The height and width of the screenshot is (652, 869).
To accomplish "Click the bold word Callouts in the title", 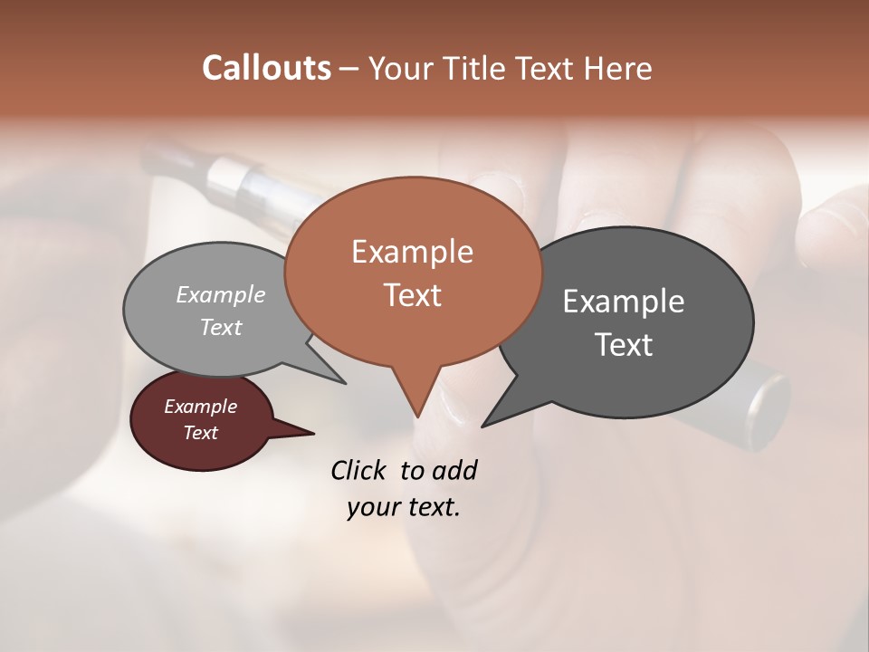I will tap(266, 68).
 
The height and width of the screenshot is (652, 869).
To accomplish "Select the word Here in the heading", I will tap(619, 69).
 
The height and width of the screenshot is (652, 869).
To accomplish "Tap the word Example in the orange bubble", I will tap(412, 252).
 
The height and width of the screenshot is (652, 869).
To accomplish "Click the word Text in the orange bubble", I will tap(412, 295).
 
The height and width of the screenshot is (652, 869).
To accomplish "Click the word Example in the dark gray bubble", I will tap(624, 302).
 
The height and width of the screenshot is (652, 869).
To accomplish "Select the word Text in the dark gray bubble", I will tap(624, 345).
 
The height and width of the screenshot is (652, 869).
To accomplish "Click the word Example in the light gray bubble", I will tap(221, 295).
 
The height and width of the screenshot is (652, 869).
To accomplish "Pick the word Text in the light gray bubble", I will tap(221, 327).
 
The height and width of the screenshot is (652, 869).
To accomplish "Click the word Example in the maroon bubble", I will tap(200, 407).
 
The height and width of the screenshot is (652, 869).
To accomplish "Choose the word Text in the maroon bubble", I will tap(200, 433).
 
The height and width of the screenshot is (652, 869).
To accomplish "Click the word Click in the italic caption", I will tap(361, 471).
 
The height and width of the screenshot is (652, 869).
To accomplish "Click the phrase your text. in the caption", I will tap(404, 507).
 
